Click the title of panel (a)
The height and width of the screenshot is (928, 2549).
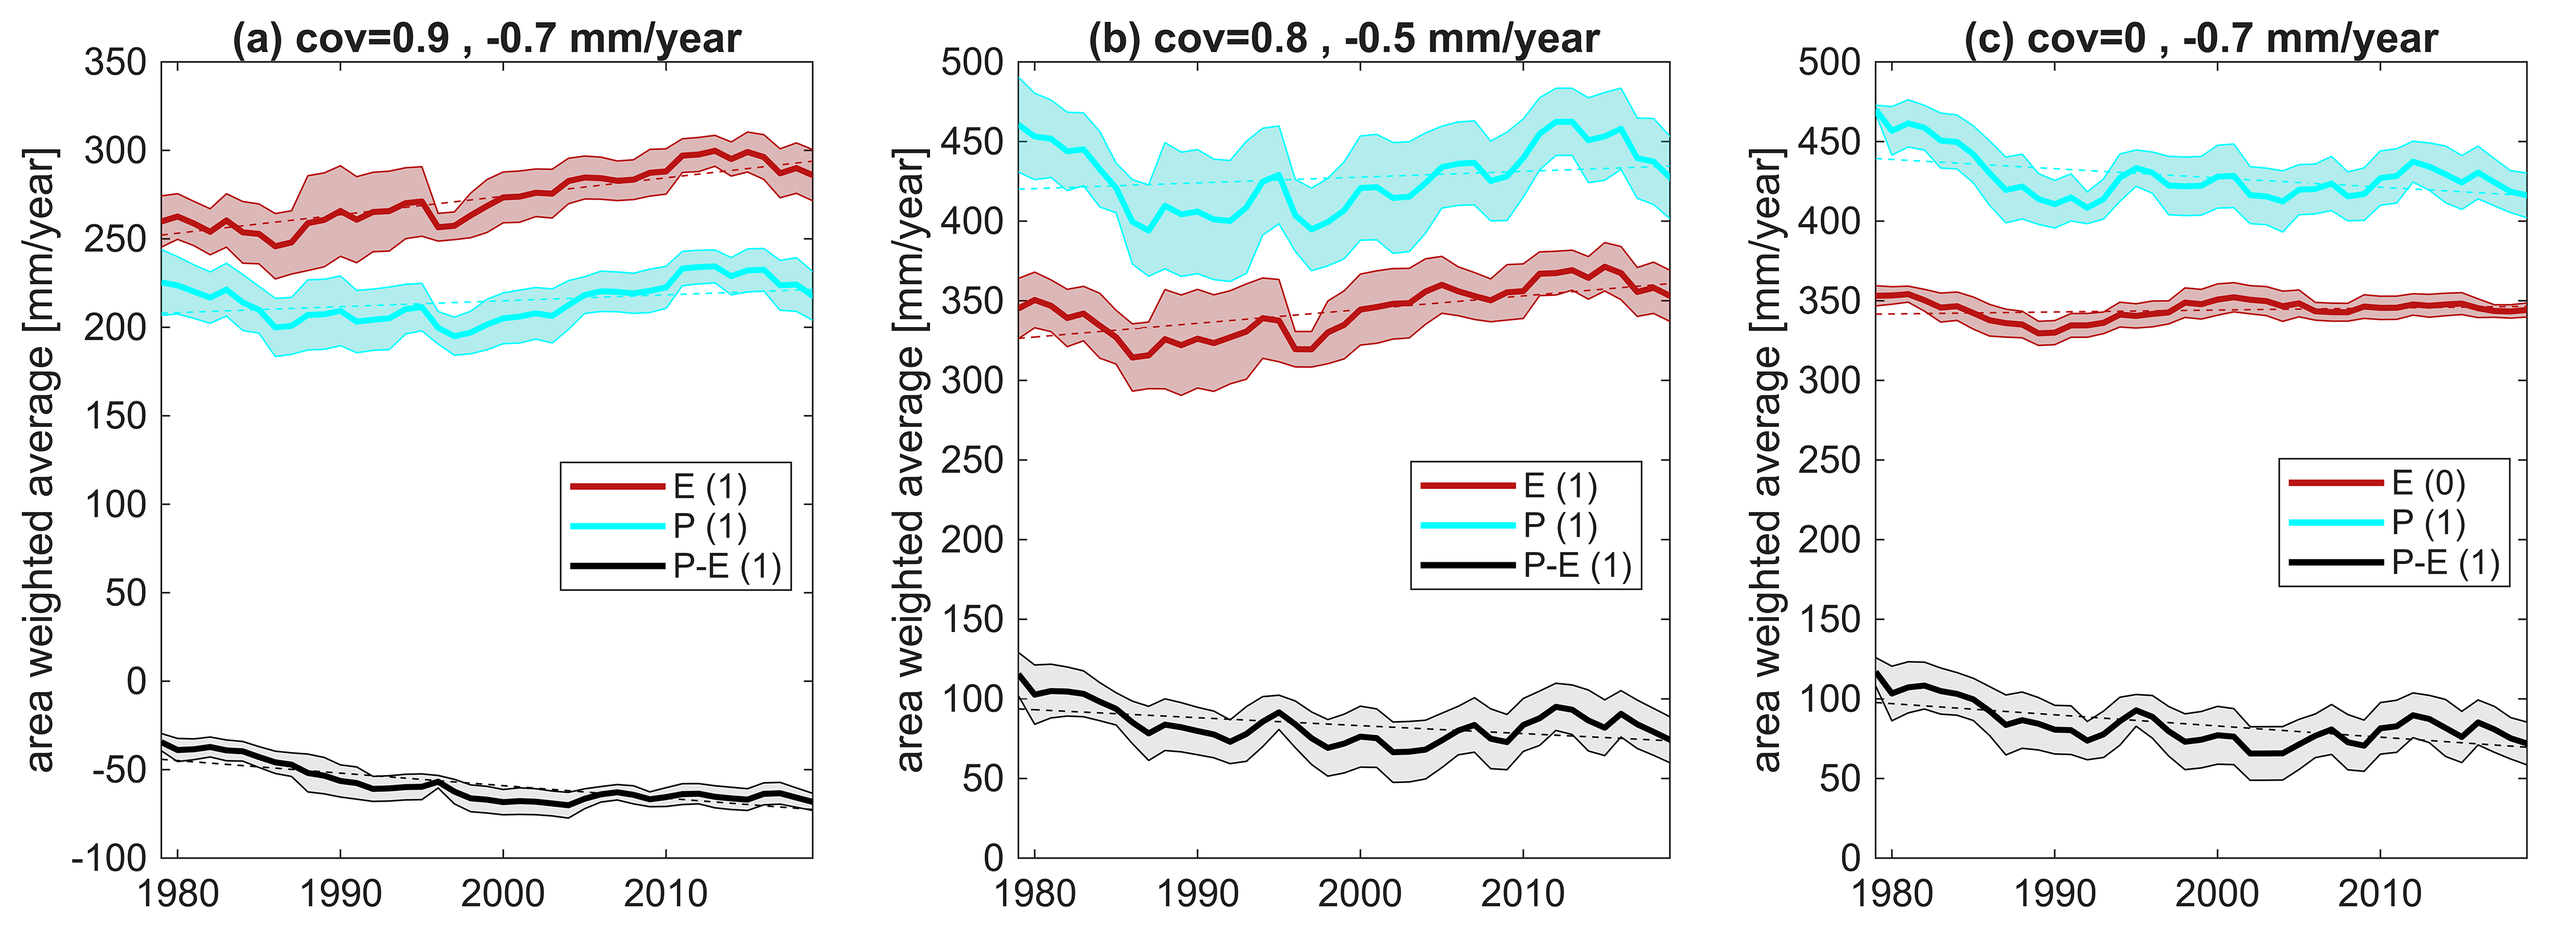(x=486, y=39)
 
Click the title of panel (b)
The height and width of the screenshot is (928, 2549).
(x=1343, y=39)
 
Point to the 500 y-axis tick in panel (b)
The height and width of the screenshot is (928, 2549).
(x=973, y=63)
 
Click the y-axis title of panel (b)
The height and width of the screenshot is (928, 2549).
(x=909, y=460)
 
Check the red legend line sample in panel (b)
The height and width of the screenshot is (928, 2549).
(x=1467, y=486)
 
